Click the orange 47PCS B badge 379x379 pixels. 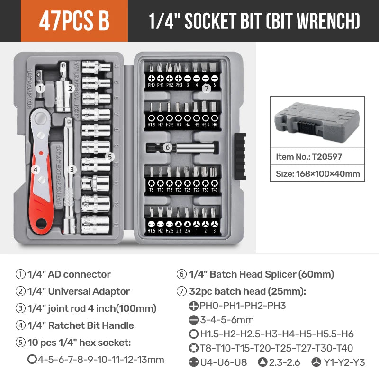(x=74, y=21)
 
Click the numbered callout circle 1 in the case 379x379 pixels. (x=41, y=87)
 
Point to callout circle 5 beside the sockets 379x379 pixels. (x=109, y=156)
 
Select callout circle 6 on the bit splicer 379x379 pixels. (x=167, y=147)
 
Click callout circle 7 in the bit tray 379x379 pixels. (x=206, y=88)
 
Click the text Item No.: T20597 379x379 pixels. (x=309, y=156)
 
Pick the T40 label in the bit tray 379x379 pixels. (x=214, y=190)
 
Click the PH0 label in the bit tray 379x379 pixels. (x=152, y=85)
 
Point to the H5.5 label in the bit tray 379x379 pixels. (x=205, y=125)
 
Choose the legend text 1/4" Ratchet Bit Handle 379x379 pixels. (x=81, y=325)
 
